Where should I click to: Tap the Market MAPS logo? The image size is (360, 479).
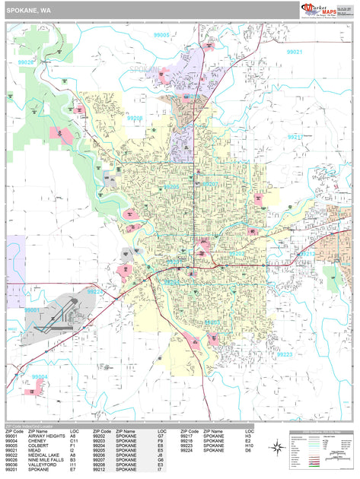(320, 10)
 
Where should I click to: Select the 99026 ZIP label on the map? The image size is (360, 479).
(26, 62)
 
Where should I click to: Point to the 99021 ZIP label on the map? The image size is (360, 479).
(295, 52)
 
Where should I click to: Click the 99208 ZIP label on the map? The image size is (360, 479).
(135, 118)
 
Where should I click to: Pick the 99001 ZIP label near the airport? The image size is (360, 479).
(32, 310)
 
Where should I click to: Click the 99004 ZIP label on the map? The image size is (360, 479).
(39, 376)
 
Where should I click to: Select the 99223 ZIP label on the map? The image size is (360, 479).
(284, 354)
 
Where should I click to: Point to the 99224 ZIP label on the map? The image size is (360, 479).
(97, 290)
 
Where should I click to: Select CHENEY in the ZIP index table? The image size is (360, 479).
(37, 440)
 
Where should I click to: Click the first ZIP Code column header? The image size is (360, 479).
(14, 430)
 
